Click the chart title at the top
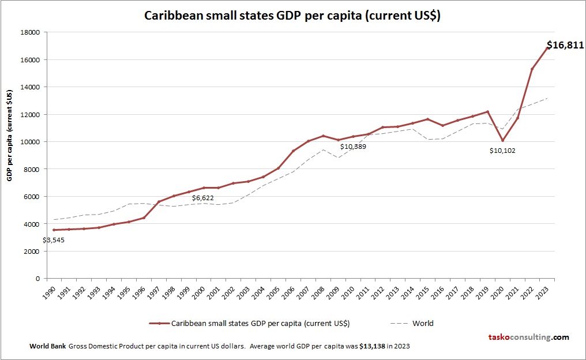(292, 16)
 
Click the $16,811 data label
(565, 45)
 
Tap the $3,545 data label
(54, 239)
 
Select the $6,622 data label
(203, 198)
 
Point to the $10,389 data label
(353, 147)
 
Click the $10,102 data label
(502, 151)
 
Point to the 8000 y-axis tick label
(31, 169)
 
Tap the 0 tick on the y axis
(36, 279)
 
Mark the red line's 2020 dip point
(502, 140)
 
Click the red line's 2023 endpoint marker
(547, 48)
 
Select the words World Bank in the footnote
(47, 346)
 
